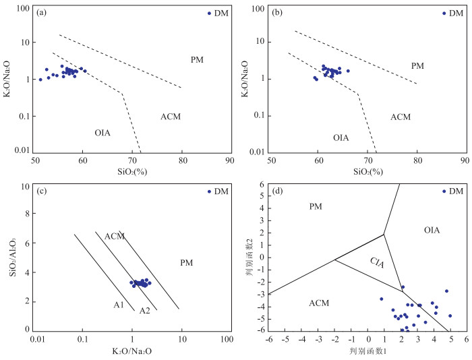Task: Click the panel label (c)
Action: (x=42, y=191)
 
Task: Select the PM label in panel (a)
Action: (x=197, y=60)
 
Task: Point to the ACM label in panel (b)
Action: (x=400, y=117)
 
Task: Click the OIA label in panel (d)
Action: (x=432, y=231)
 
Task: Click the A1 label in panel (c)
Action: (x=119, y=305)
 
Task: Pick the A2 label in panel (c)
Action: (x=144, y=311)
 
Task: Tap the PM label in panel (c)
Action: (x=187, y=262)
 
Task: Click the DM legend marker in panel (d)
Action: (x=444, y=191)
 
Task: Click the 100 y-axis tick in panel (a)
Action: (x=23, y=9)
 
